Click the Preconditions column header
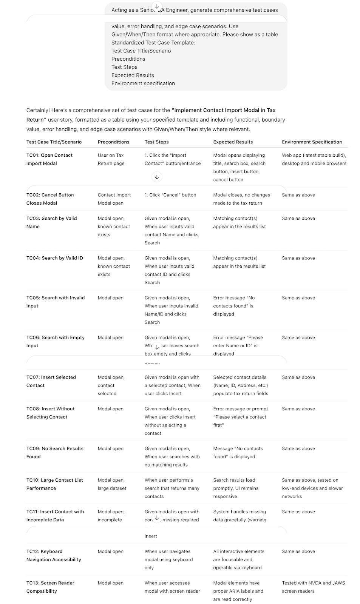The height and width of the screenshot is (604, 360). pos(113,142)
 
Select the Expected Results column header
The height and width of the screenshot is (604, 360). pos(233,142)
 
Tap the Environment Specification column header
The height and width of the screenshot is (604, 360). pos(312,142)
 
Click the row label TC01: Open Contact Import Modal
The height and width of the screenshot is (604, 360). pos(49,159)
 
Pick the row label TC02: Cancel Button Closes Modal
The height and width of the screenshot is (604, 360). pos(50,199)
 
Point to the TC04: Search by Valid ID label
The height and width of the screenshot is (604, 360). pos(54,258)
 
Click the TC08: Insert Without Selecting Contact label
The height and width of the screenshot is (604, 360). pos(50,413)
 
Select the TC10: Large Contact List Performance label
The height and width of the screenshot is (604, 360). pos(54,484)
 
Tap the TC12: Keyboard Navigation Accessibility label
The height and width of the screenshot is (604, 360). pos(54,556)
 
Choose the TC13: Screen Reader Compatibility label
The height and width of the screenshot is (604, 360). pos(50,587)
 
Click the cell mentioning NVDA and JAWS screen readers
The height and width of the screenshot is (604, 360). pos(313,587)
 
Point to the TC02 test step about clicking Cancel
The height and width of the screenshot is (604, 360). pos(170,195)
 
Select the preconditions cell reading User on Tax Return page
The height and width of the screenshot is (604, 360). pos(111,159)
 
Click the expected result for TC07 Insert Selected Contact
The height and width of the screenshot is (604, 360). pos(241,385)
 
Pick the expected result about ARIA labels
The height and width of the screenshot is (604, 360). pos(238,591)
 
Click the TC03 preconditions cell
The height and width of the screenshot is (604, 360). pos(114,226)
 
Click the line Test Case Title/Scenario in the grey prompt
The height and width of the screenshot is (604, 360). pos(141,51)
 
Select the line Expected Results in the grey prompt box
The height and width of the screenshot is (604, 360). pos(133,75)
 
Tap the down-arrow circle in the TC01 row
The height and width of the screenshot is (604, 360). pos(157,177)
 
